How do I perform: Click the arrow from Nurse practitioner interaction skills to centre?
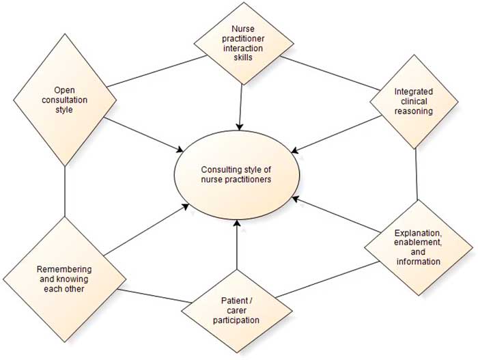coord(240,102)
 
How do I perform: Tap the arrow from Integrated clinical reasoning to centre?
coord(335,133)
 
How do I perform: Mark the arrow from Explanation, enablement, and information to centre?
coord(335,215)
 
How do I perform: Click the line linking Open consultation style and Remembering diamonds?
coord(65,191)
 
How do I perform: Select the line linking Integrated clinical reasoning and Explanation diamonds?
coord(416,174)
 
